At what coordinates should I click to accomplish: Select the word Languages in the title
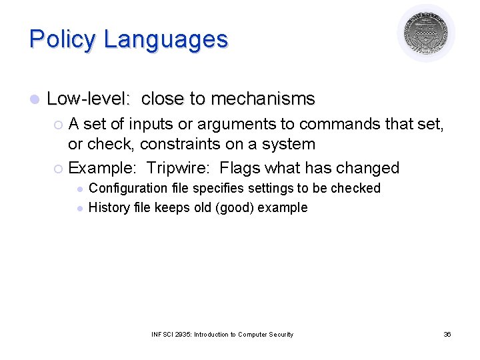(x=165, y=39)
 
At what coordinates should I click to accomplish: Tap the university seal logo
(x=426, y=33)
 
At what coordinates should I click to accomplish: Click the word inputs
(x=154, y=124)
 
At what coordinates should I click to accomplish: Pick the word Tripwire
(x=178, y=167)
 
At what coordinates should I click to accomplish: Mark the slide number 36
(x=447, y=334)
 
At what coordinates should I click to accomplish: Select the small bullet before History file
(x=79, y=208)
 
